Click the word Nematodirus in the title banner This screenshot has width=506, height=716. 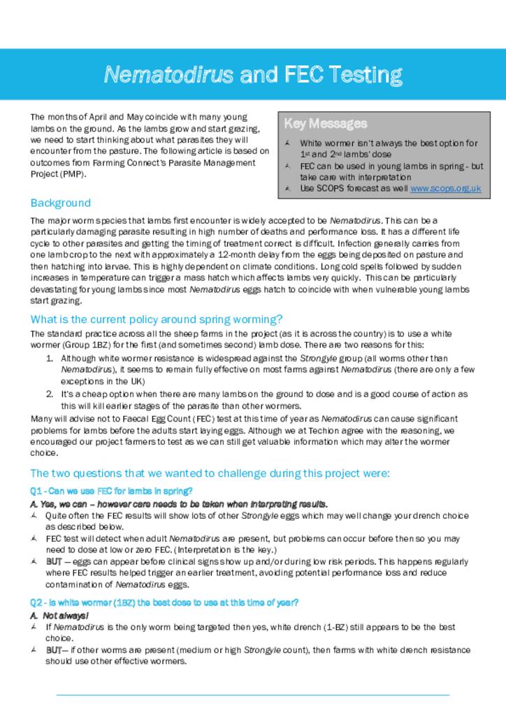pyautogui.click(x=169, y=74)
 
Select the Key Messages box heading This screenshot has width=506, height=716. pyautogui.click(x=325, y=124)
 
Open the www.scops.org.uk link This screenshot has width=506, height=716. pyautogui.click(x=445, y=188)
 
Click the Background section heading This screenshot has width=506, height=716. pyautogui.click(x=60, y=203)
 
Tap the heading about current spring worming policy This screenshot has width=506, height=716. pyautogui.click(x=156, y=320)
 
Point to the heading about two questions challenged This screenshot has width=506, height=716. pyautogui.click(x=210, y=473)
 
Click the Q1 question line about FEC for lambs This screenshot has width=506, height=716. pyautogui.click(x=111, y=491)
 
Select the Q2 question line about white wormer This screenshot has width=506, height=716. pyautogui.click(x=164, y=603)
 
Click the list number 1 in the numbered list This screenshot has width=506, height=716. pyautogui.click(x=50, y=359)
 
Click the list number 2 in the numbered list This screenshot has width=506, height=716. pyautogui.click(x=50, y=394)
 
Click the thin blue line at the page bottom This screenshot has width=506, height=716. pyautogui.click(x=252, y=695)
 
